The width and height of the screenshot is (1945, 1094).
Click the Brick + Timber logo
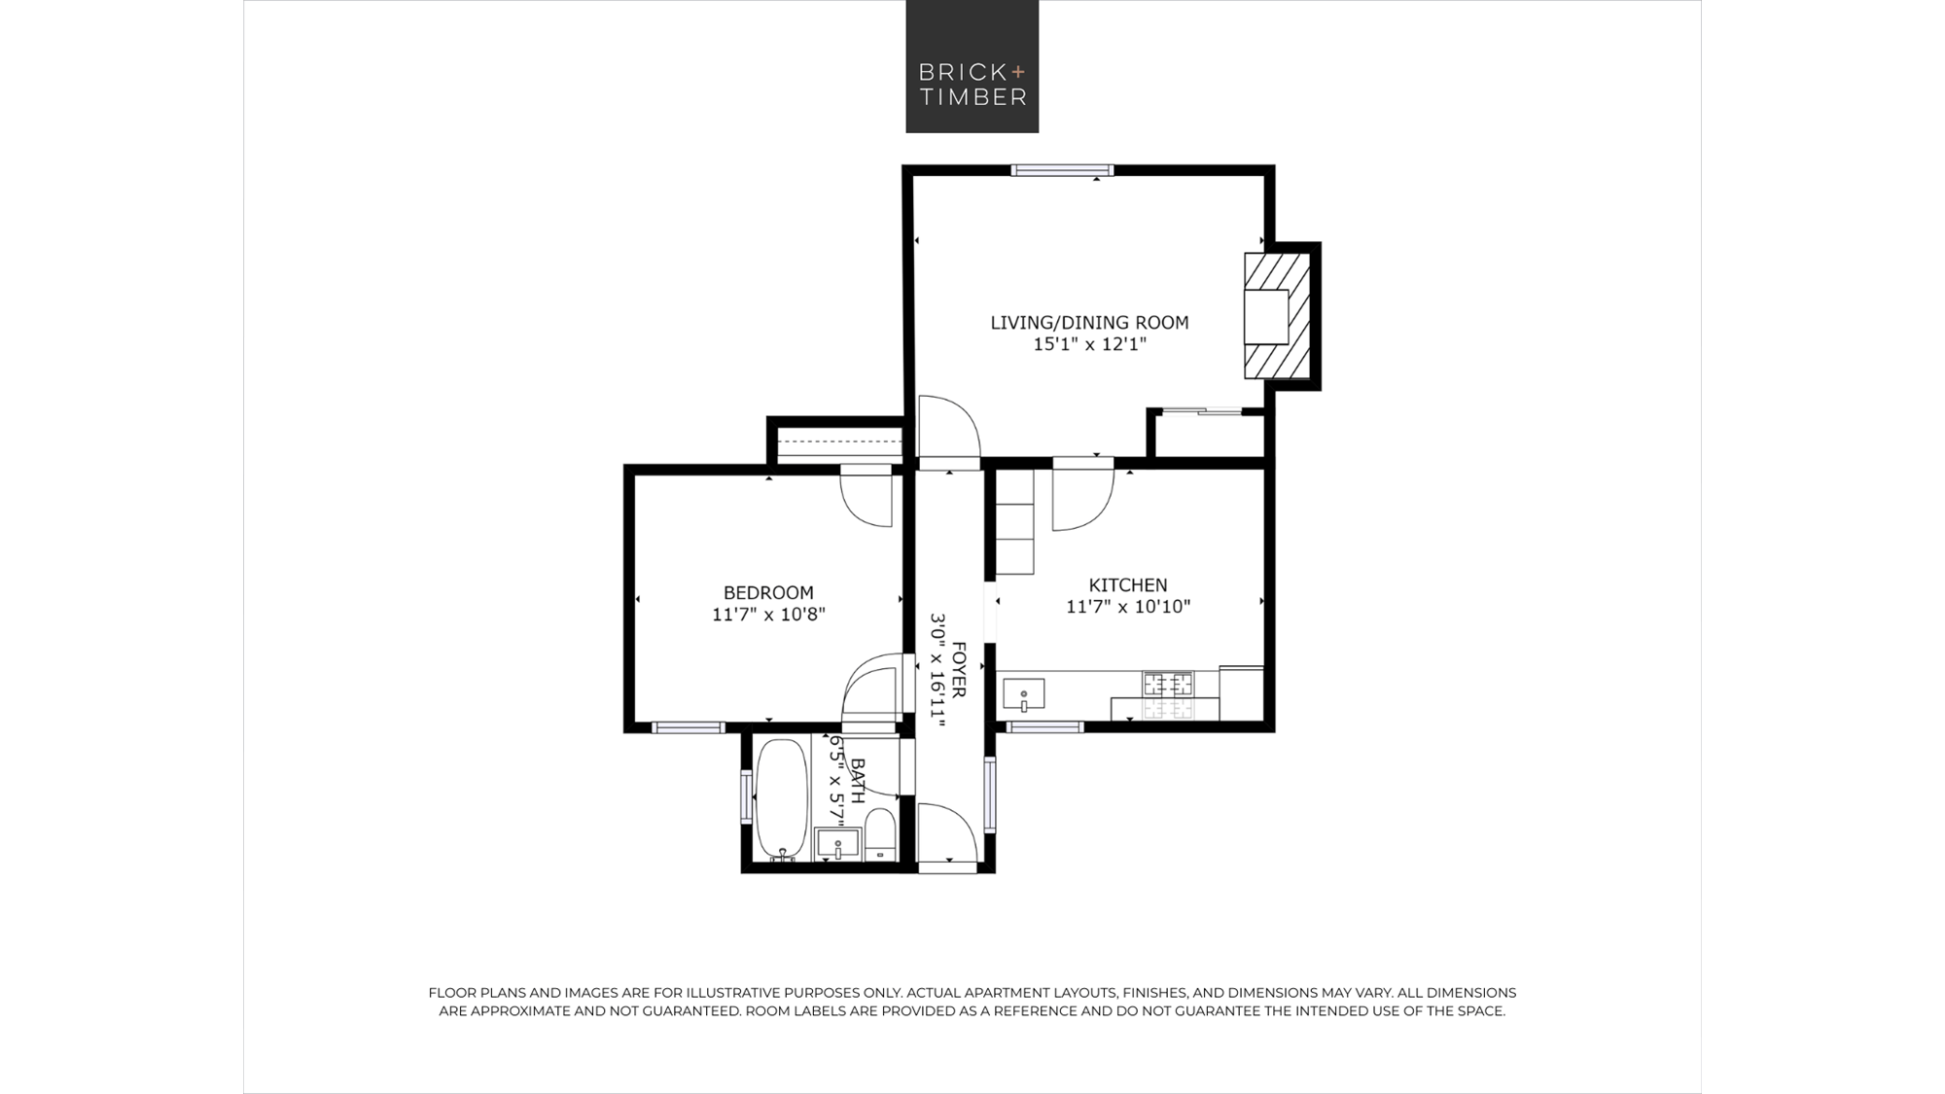click(972, 66)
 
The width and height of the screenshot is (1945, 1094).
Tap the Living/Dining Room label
click(1089, 323)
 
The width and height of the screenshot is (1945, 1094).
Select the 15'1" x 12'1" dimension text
click(1089, 344)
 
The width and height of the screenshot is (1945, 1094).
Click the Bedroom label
click(768, 593)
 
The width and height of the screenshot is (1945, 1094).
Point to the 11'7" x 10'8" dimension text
click(768, 615)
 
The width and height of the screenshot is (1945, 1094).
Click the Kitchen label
click(1128, 585)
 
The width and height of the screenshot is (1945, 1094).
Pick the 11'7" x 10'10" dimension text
click(1128, 607)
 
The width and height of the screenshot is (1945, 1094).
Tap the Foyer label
click(959, 669)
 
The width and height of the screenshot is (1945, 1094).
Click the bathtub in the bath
click(782, 799)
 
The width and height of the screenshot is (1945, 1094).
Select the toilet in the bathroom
click(880, 835)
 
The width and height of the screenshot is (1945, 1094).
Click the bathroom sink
click(838, 843)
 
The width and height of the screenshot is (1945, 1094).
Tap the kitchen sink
click(1023, 694)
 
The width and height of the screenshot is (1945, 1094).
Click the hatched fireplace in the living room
click(1277, 316)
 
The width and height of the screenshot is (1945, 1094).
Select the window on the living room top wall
click(1062, 170)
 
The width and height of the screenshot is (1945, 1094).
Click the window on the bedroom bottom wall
click(689, 727)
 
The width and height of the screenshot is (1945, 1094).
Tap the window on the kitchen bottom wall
click(1045, 726)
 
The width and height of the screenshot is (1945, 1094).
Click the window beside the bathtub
click(747, 796)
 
